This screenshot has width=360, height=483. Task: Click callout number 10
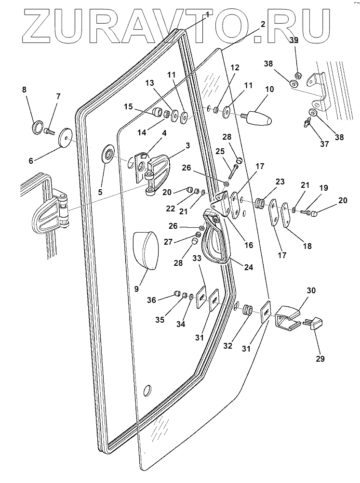pyautogui.click(x=269, y=89)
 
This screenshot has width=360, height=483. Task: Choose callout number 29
pyautogui.click(x=320, y=359)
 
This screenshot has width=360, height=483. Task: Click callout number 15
pyautogui.click(x=127, y=106)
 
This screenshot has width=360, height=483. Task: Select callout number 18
pyautogui.click(x=306, y=246)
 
